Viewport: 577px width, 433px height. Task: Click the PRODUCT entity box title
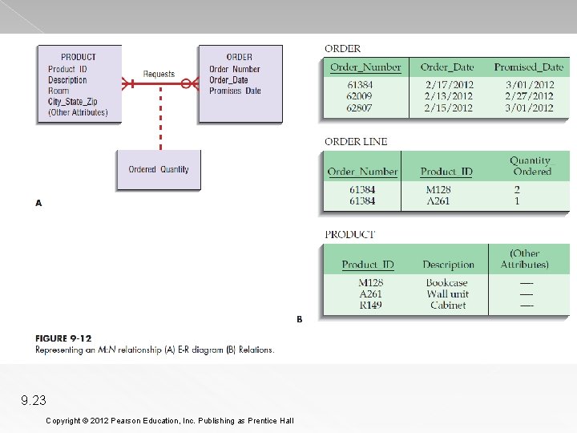coord(78,57)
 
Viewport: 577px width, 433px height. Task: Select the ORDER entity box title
coord(239,57)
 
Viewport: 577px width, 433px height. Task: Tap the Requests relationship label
coord(159,75)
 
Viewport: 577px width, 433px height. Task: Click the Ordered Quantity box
coord(159,169)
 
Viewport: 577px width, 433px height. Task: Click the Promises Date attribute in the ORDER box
coord(235,91)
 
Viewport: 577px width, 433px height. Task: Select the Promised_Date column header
coord(528,67)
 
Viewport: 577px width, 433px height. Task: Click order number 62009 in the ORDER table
coord(360,95)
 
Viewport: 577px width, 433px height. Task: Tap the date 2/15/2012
coord(449,107)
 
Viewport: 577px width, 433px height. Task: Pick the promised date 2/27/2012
coord(529,95)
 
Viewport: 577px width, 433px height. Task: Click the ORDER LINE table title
coord(356,142)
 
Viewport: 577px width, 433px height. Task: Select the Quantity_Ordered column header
coord(532,166)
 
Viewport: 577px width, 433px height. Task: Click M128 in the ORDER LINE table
coord(438,190)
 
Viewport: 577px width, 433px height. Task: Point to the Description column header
coord(448,265)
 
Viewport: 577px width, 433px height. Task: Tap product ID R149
coord(370,305)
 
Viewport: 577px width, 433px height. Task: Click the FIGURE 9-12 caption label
coord(63,338)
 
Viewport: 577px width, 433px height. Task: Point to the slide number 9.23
coord(34,400)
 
